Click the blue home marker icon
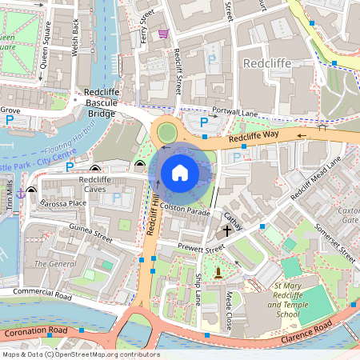tap(180, 172)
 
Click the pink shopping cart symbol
tap(163, 34)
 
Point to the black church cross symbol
tap(227, 230)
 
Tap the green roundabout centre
tap(167, 131)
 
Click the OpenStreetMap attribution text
tap(80, 354)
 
